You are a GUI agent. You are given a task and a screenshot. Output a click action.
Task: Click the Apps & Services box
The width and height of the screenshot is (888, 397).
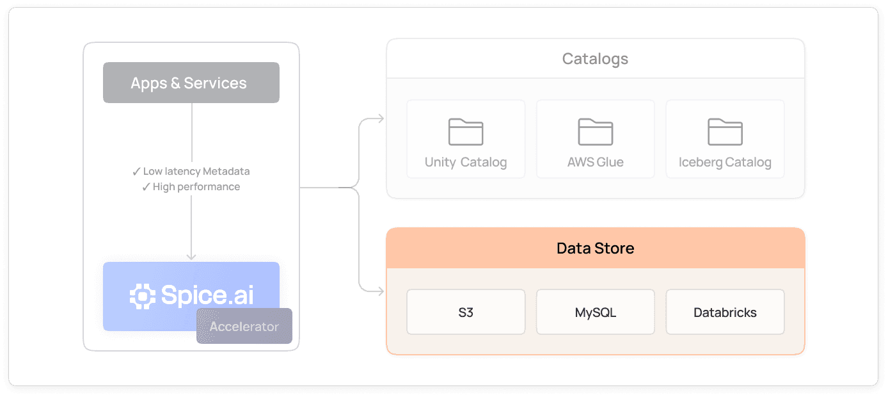tap(191, 83)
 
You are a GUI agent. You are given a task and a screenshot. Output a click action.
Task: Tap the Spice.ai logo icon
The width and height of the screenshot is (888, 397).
tap(142, 295)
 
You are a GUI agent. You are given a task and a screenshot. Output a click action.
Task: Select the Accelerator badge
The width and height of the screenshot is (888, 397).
tap(244, 326)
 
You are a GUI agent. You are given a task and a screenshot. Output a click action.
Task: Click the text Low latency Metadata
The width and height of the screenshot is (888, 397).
tap(196, 171)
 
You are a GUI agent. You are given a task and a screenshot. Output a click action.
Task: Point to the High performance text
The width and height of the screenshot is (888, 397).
tap(196, 187)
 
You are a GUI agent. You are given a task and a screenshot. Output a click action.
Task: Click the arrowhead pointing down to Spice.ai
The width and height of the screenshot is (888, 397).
tap(191, 256)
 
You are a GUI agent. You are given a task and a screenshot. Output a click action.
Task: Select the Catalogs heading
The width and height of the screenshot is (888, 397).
tap(595, 59)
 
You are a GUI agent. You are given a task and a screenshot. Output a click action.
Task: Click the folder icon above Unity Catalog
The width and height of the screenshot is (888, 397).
tap(466, 132)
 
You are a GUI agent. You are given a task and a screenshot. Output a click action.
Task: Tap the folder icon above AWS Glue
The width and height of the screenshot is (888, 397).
tap(595, 132)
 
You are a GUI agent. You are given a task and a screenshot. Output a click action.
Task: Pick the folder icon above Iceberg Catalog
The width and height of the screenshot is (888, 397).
tap(725, 132)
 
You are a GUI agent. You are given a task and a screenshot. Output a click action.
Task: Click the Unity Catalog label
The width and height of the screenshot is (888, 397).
tap(466, 162)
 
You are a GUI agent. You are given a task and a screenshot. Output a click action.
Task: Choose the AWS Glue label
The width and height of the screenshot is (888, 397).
tap(595, 162)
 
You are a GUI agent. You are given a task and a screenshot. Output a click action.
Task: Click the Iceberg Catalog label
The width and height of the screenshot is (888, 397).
tap(725, 162)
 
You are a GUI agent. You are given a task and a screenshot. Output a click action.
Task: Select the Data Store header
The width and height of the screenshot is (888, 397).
tap(595, 248)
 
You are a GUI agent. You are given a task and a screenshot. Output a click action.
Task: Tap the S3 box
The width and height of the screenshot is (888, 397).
tap(466, 312)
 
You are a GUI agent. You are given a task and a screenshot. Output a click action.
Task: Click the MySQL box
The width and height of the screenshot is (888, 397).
tap(595, 312)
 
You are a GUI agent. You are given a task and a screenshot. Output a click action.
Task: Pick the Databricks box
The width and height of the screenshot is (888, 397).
tap(725, 312)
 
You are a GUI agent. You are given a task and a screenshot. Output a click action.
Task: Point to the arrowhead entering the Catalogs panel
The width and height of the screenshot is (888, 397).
tap(381, 118)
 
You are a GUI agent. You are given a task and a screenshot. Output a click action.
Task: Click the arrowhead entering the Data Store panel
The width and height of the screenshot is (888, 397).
tap(381, 292)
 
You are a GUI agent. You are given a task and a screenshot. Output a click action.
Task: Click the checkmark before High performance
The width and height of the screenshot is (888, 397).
tap(146, 187)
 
